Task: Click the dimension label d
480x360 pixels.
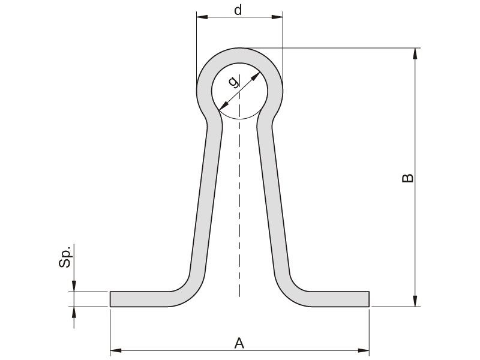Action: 238,10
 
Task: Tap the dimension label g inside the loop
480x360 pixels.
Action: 233,82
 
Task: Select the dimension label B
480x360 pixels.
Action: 407,178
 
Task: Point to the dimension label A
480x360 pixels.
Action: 239,343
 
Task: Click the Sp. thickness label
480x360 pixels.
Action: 65,257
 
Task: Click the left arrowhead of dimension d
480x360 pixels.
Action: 202,17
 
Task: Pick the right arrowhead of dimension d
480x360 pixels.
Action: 277,17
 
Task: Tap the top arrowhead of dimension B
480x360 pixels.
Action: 415,53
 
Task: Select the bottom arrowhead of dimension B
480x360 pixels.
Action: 415,301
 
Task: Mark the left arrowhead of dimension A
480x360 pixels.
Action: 116,350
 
